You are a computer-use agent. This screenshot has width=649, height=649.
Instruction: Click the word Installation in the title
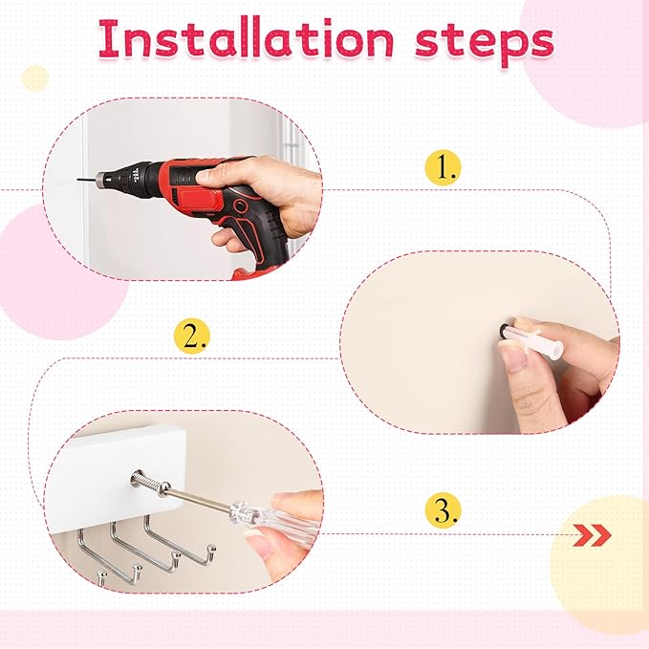[x=247, y=39]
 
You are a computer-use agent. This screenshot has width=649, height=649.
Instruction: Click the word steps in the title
[x=485, y=43]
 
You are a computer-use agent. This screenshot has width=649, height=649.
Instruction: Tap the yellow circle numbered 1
[x=443, y=167]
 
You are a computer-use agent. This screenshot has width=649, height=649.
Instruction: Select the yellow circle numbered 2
[x=191, y=335]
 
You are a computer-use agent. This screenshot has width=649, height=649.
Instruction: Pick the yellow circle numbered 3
[x=443, y=510]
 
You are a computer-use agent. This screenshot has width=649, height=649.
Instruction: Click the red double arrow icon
[x=592, y=535]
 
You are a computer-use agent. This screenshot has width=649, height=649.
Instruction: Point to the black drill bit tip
[x=77, y=180]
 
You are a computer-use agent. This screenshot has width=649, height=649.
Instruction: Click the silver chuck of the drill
[x=102, y=179]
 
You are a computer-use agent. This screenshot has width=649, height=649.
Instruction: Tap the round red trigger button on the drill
[x=240, y=206]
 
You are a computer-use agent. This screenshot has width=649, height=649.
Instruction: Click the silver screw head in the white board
[x=138, y=479]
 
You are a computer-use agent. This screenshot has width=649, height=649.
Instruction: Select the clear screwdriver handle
[x=273, y=523]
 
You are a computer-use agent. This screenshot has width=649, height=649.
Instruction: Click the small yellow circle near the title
[x=35, y=77]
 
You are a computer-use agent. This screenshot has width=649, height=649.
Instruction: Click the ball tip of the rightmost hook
[x=212, y=549]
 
